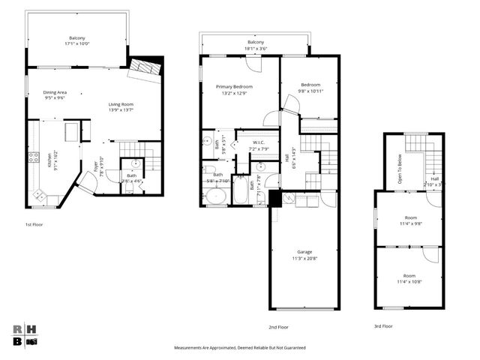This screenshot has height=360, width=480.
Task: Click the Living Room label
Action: [x=123, y=104]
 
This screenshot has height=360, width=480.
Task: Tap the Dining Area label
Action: [x=55, y=92]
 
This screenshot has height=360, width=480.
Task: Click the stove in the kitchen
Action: [x=33, y=157]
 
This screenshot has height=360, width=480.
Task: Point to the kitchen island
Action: [x=72, y=133]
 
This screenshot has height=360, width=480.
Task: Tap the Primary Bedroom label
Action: [x=234, y=87]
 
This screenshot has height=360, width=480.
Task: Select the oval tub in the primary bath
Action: [x=216, y=196]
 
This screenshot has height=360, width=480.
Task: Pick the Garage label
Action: [x=304, y=252]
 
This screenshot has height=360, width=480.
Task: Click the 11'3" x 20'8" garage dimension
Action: [x=304, y=258]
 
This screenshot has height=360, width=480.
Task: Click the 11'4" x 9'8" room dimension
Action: [x=409, y=223]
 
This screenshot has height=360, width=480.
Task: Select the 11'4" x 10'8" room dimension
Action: [x=409, y=281]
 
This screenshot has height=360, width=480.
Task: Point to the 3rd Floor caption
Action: [x=383, y=326]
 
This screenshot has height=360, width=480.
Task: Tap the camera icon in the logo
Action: [x=32, y=341]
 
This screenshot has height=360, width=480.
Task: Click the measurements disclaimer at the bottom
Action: [x=239, y=348]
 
